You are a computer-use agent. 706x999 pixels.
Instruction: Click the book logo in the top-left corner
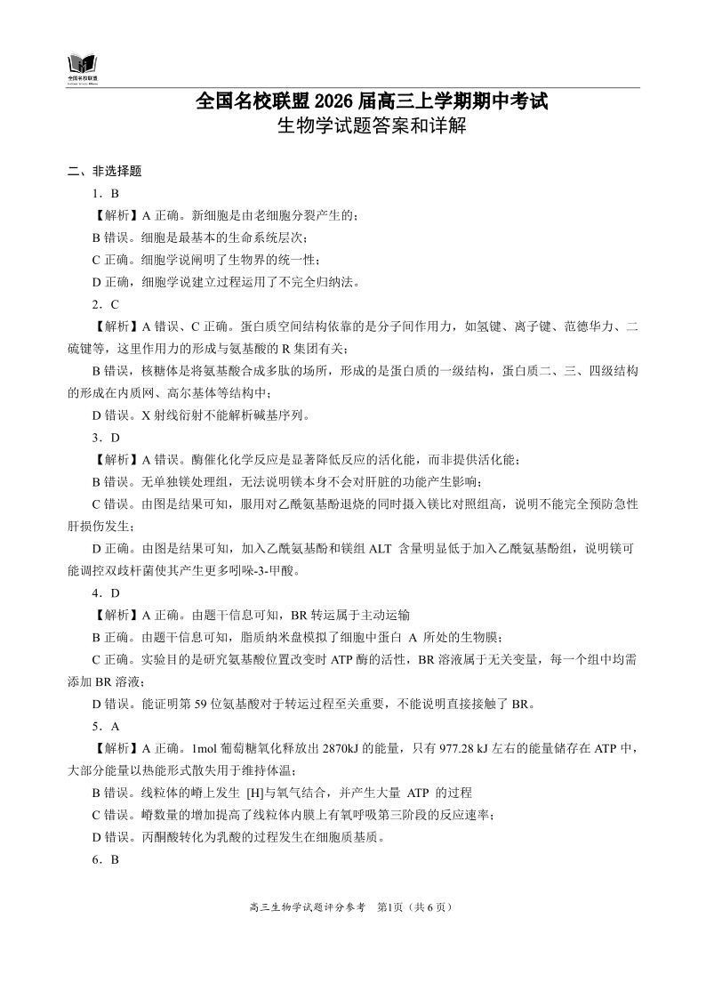[x=83, y=66]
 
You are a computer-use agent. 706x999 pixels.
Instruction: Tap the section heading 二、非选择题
[x=105, y=171]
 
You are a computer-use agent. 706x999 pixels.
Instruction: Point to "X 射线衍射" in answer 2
[x=160, y=415]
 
